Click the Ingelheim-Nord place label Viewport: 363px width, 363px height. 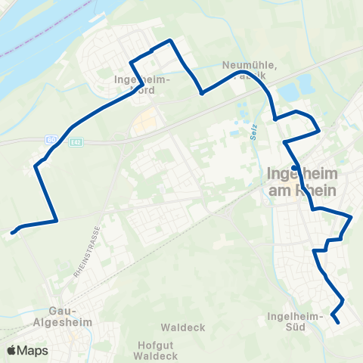[143, 82]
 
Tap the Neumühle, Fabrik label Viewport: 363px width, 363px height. [250, 70]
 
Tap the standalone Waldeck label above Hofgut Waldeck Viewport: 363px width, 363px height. [178, 328]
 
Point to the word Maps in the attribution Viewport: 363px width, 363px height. [33, 351]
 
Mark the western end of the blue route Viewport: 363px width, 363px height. [13, 232]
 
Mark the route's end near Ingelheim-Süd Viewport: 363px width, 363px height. [337, 323]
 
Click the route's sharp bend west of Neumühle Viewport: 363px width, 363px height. [202, 94]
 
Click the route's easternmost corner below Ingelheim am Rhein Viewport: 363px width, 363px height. [352, 217]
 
